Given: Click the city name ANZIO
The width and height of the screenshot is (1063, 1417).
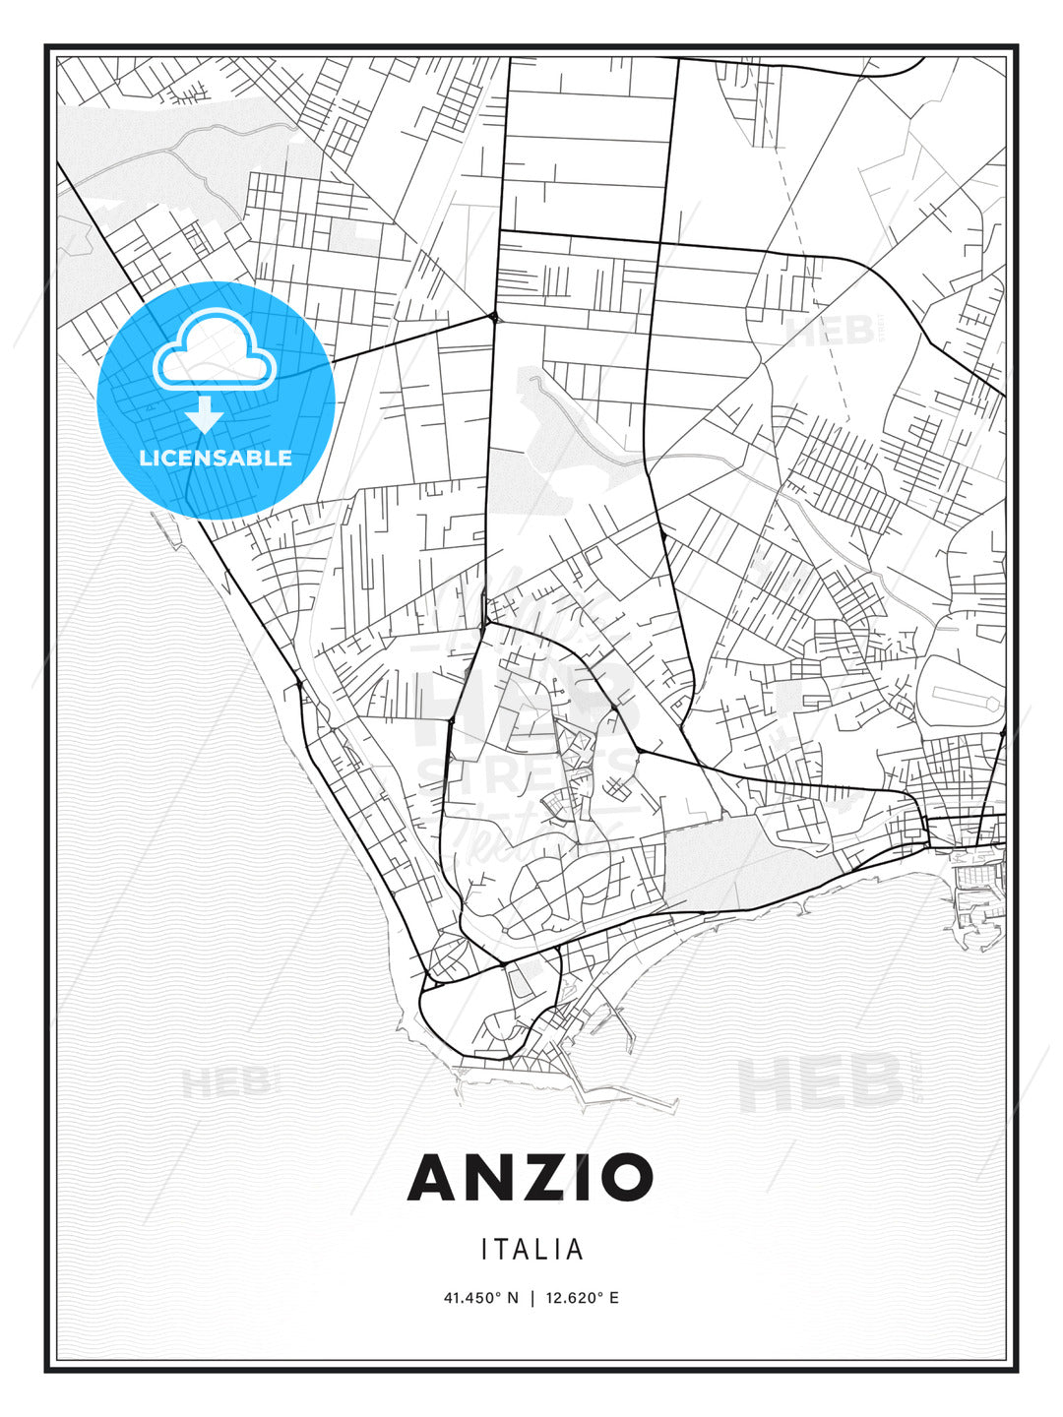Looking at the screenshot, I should coord(531,1177).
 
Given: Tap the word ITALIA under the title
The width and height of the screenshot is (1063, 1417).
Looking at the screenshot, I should coord(532,1250).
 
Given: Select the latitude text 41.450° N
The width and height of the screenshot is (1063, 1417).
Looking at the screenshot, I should coord(480,1298).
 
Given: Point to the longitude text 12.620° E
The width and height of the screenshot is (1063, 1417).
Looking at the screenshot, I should coord(582,1298).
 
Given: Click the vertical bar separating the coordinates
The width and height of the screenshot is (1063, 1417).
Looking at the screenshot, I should coord(532,1298).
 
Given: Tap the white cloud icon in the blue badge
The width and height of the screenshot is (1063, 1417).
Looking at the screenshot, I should coord(215,352).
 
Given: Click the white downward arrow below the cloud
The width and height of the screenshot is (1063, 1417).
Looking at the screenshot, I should coord(205,414).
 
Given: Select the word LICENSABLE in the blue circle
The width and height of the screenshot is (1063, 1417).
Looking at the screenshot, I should coord(216,458).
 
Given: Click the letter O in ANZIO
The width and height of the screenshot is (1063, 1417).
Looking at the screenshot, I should coord(623,1177).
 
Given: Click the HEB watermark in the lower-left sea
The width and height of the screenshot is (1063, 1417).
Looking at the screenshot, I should coord(225,1082).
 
